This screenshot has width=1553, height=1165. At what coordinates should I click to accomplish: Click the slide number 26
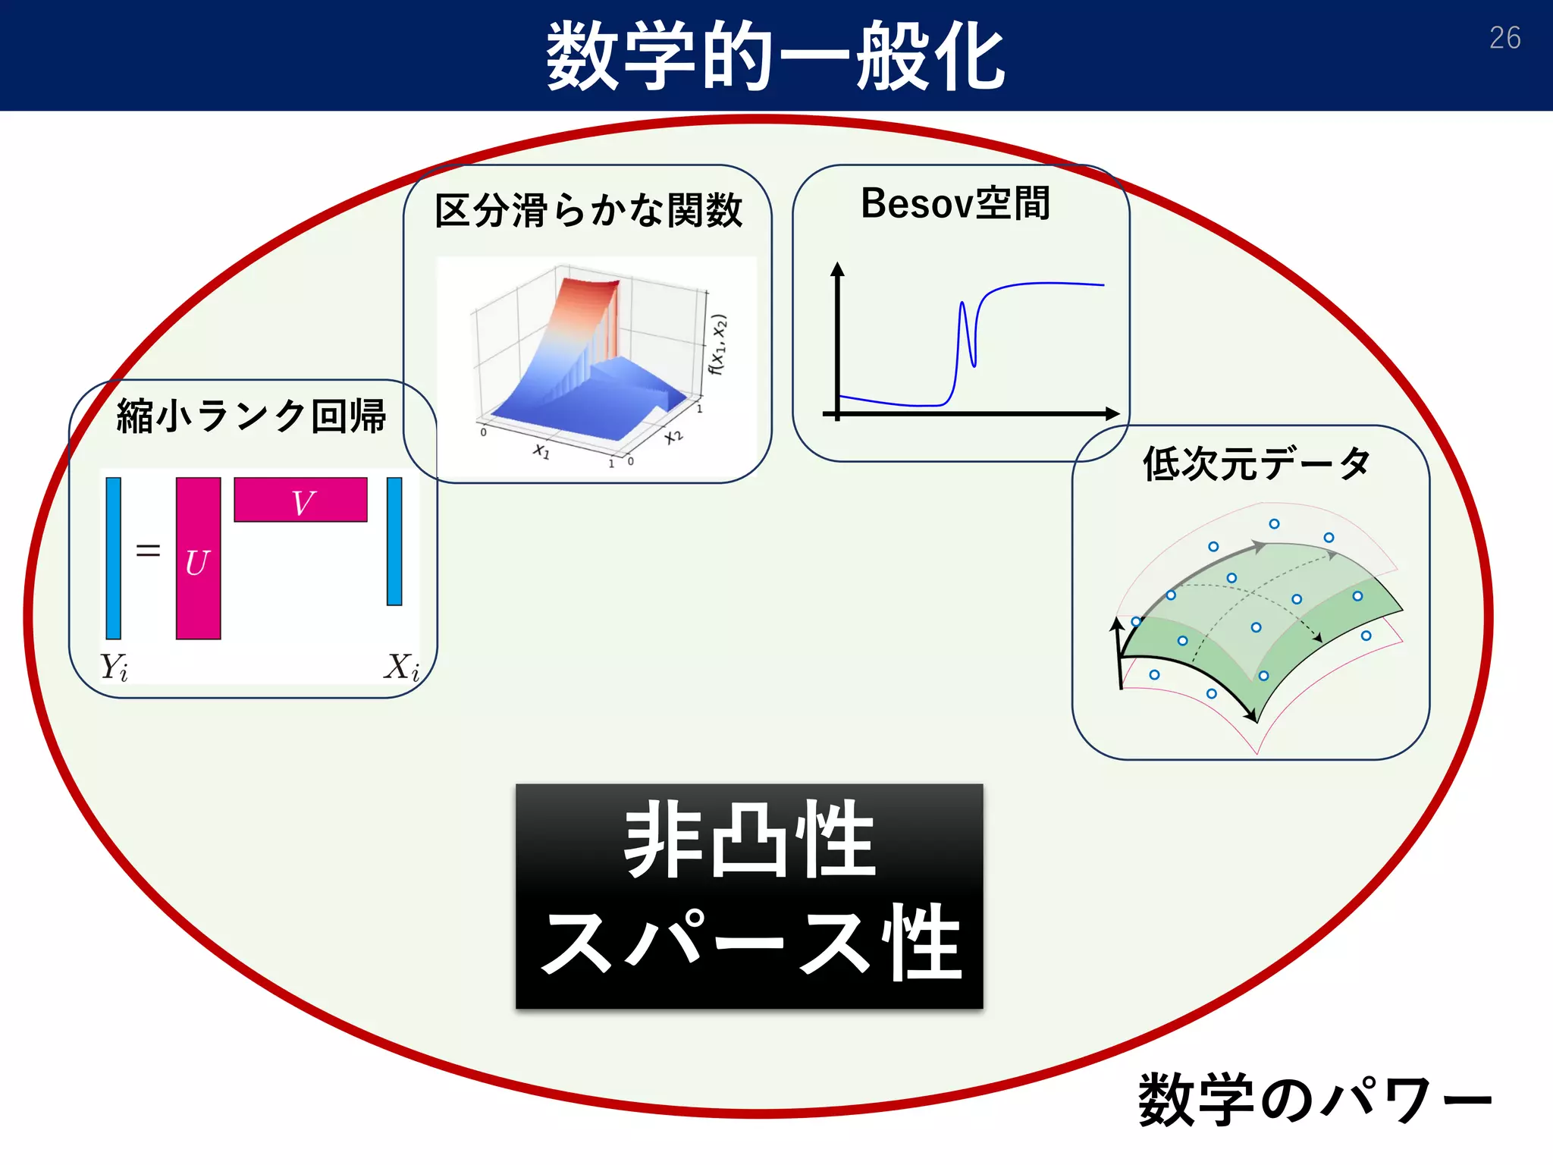(x=1504, y=38)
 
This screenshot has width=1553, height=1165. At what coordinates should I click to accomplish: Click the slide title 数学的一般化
(x=775, y=57)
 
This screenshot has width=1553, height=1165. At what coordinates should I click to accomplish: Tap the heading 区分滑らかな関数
(x=588, y=210)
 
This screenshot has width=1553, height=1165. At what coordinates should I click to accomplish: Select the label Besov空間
(x=955, y=203)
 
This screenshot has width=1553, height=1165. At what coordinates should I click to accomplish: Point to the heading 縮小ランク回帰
(x=251, y=416)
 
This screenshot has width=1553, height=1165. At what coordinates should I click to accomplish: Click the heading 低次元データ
(x=1257, y=463)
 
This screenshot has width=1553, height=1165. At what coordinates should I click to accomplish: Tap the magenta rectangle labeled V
(x=300, y=500)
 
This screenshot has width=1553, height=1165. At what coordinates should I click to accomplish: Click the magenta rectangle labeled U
(x=198, y=558)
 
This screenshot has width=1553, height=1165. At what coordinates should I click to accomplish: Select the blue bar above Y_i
(x=114, y=557)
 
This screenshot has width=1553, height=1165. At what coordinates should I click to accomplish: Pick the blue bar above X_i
(x=394, y=541)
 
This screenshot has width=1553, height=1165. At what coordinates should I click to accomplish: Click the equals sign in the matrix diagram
(x=148, y=550)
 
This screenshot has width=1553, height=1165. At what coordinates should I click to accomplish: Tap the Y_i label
(x=115, y=667)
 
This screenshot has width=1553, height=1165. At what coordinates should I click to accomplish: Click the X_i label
(x=401, y=667)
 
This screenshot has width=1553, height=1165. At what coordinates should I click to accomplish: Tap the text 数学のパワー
(x=1314, y=1100)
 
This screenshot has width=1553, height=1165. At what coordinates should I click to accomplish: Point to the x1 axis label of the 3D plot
(x=541, y=451)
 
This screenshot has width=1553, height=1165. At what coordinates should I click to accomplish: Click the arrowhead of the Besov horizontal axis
(x=1113, y=413)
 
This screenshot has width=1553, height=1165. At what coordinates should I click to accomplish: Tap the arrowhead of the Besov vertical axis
(x=837, y=269)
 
